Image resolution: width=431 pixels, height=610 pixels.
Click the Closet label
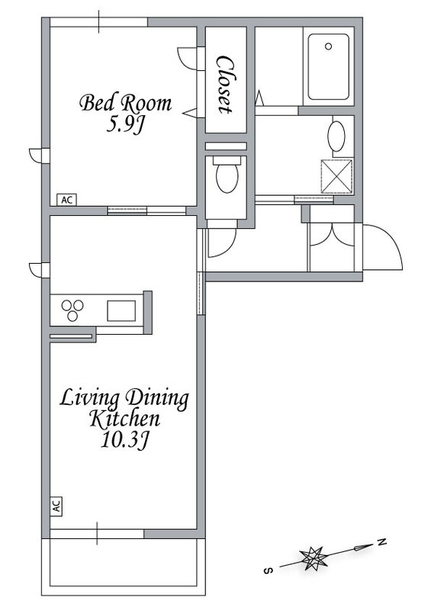(x=226, y=85)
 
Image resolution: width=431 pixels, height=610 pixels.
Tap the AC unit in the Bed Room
(x=67, y=200)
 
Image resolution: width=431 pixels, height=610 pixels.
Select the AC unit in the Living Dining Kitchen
(x=56, y=506)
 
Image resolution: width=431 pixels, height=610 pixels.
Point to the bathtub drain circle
(x=328, y=47)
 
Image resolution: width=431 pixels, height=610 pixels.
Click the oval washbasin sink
(x=336, y=136)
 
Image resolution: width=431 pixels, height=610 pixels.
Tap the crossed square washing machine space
(x=336, y=176)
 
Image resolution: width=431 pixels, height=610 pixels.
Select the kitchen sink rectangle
(x=121, y=311)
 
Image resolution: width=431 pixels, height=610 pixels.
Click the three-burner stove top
(x=72, y=310)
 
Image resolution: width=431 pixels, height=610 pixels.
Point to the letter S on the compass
(x=268, y=570)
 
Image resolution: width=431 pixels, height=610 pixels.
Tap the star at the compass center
(x=312, y=558)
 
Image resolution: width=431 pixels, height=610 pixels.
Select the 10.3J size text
(x=125, y=441)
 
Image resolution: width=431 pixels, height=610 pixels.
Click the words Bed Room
(x=126, y=103)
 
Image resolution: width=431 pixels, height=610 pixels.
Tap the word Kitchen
(x=125, y=419)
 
